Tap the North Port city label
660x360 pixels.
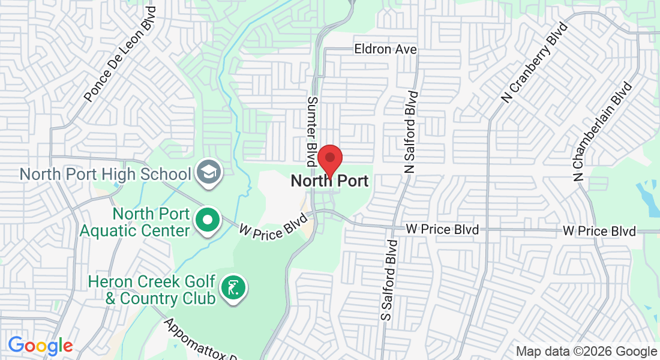tap(329, 181)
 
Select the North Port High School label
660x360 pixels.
tap(105, 174)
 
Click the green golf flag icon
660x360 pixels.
tap(233, 288)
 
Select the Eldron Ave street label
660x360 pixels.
tap(385, 49)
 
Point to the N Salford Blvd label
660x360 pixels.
tap(411, 132)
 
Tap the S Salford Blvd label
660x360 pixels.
tap(389, 279)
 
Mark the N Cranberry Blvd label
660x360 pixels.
tap(534, 63)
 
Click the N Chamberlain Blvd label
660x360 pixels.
tap(602, 131)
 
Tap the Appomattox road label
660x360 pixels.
tap(201, 340)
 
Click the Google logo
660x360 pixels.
tap(40, 346)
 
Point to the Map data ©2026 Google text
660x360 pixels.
tap(586, 352)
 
